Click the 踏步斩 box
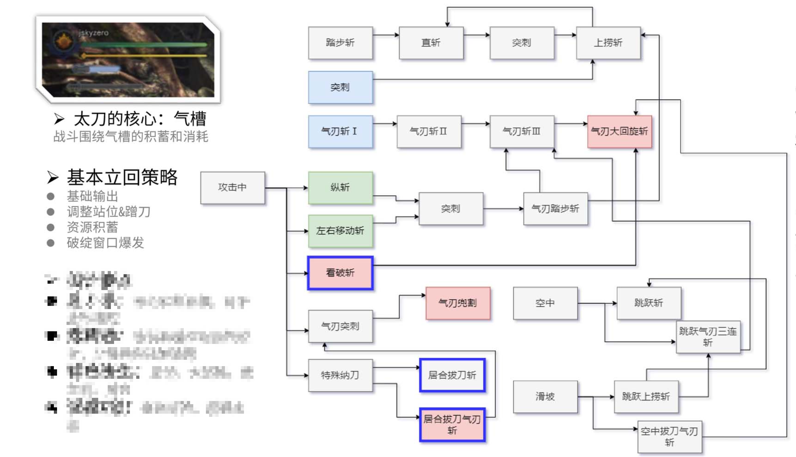(x=340, y=43)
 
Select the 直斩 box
(x=431, y=43)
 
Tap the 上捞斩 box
(x=608, y=43)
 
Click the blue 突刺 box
(x=340, y=87)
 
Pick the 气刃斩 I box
(x=340, y=131)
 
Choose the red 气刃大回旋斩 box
(x=619, y=131)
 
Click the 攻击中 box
(x=232, y=187)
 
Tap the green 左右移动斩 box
(x=340, y=231)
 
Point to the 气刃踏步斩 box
(x=555, y=208)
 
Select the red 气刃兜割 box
(x=458, y=303)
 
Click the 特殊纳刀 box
(x=340, y=375)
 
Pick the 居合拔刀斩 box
(x=452, y=375)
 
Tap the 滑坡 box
(x=545, y=397)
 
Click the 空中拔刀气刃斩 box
(x=670, y=437)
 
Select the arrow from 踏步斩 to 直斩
(x=386, y=35)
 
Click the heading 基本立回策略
(x=122, y=177)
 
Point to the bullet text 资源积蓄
(x=92, y=227)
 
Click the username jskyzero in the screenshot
(x=93, y=33)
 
